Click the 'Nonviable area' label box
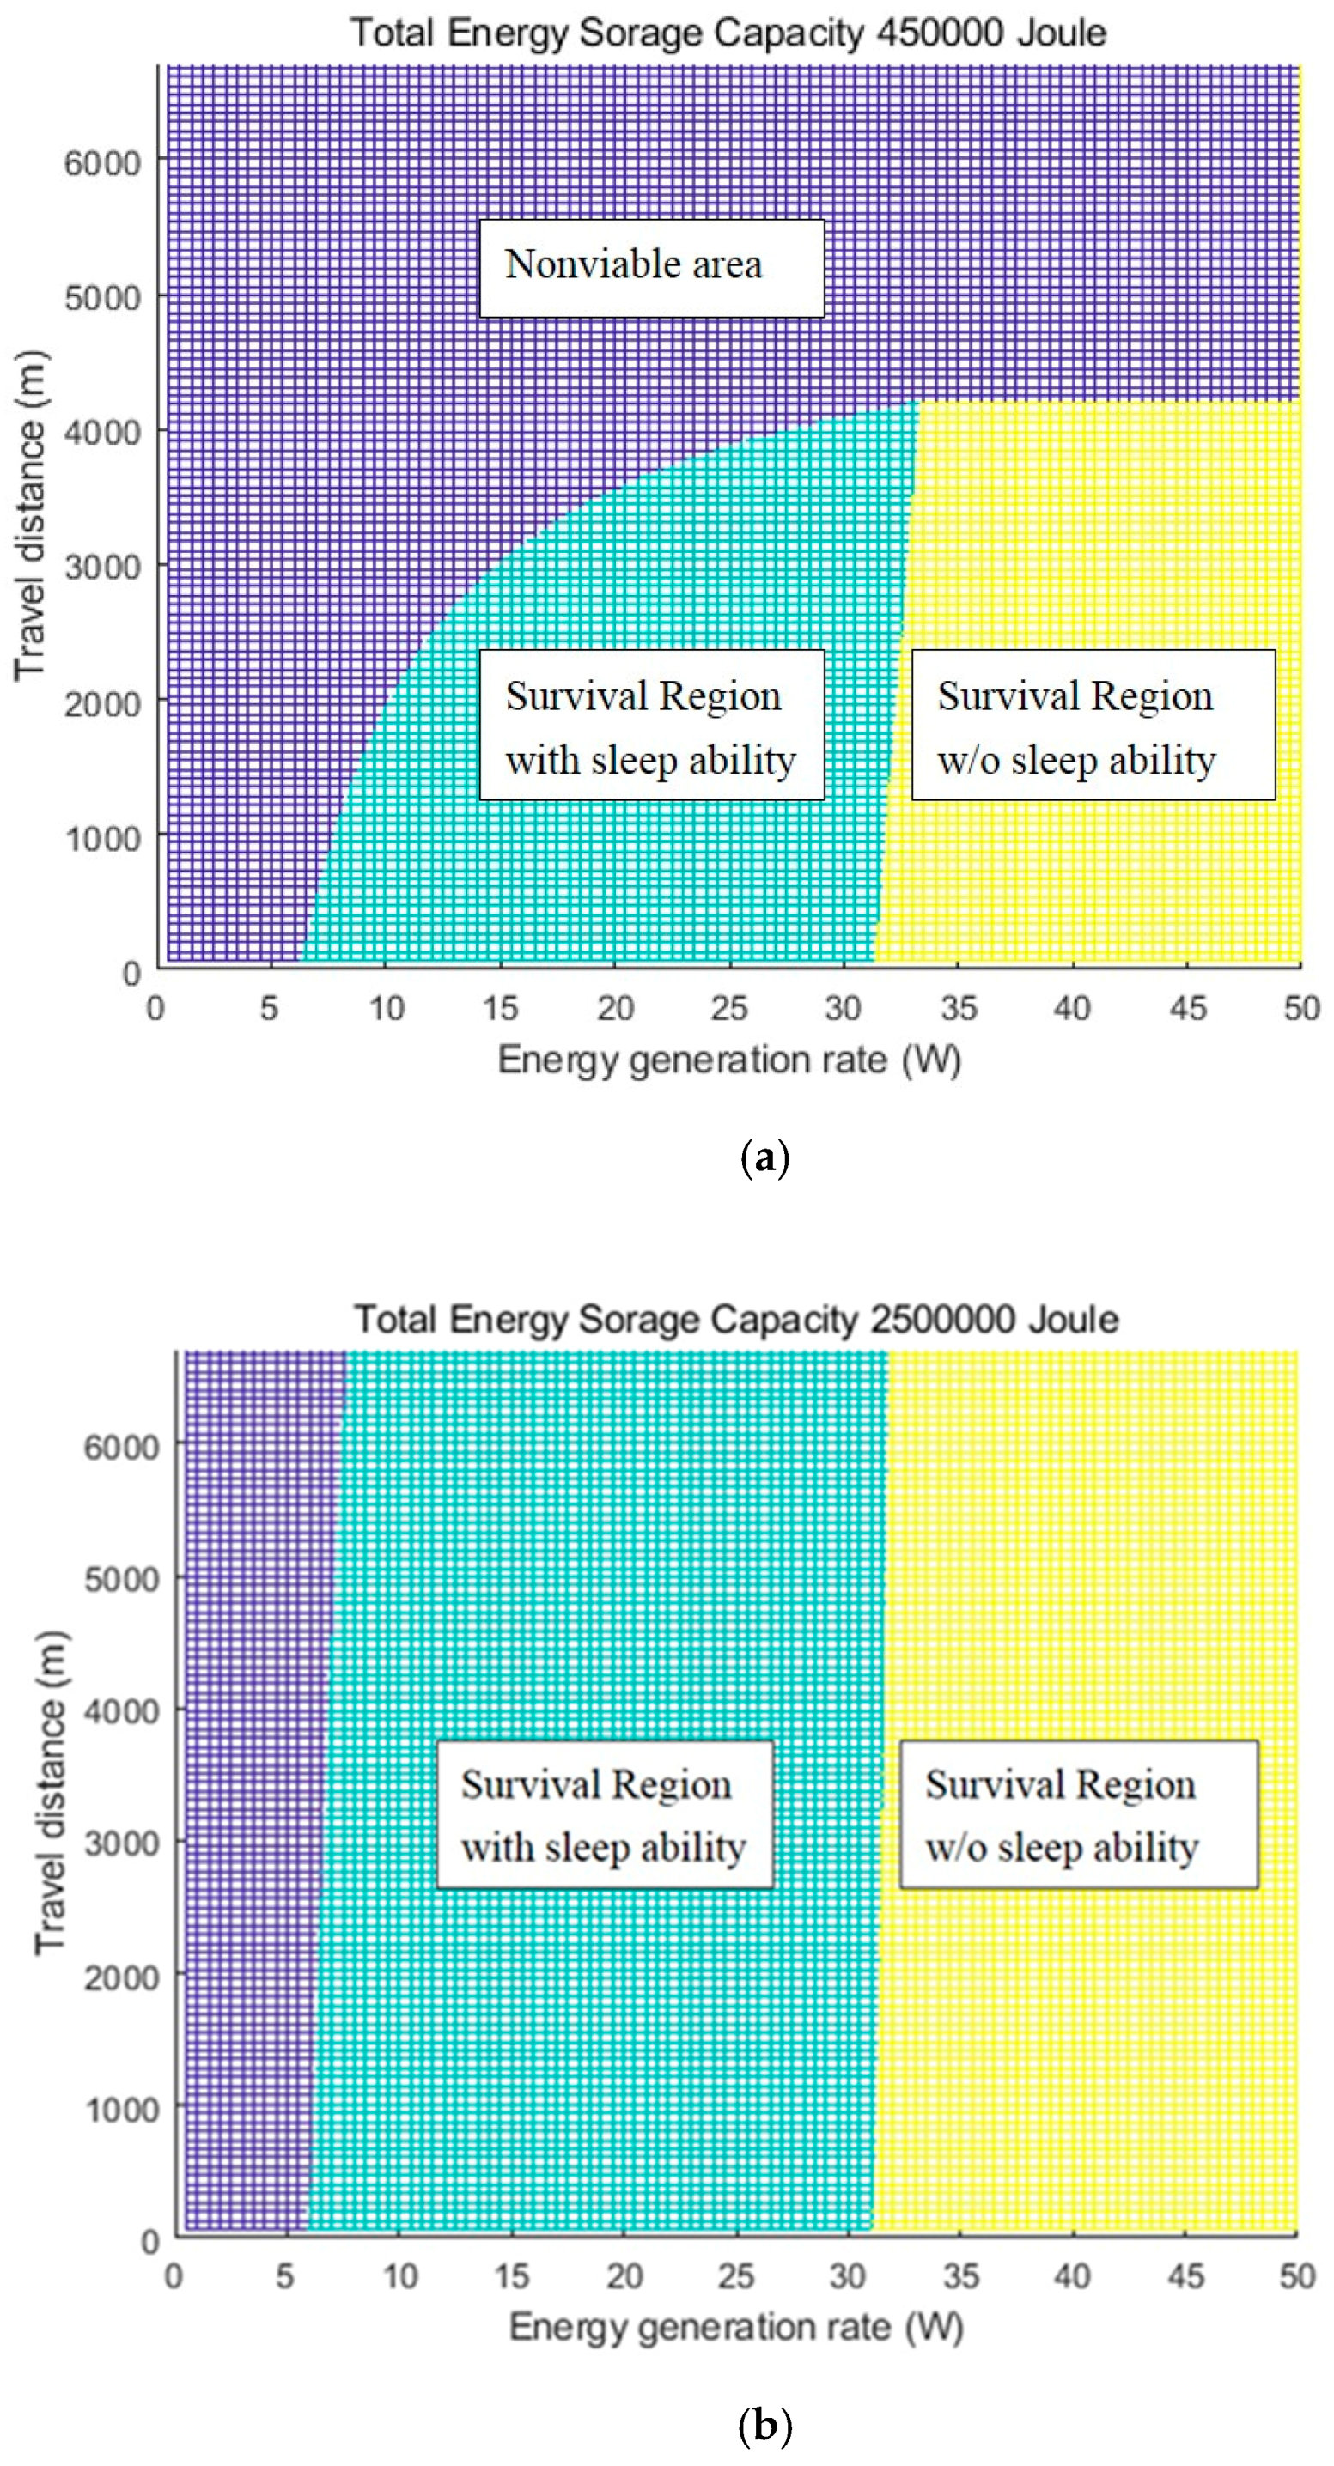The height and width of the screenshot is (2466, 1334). coord(651,267)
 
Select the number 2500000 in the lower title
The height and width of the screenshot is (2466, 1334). coord(942,1319)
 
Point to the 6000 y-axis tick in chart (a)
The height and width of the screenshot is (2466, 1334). coord(101,163)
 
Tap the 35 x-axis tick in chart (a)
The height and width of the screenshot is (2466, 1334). coord(958,1008)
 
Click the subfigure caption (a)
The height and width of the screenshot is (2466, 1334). coord(765,1158)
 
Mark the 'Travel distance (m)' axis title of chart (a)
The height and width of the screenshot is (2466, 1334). coord(31,517)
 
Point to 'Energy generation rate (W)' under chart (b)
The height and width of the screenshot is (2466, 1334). coord(735,2327)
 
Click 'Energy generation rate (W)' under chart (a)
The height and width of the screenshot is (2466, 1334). coord(728,1060)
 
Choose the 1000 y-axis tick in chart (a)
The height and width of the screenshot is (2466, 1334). coord(101,839)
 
